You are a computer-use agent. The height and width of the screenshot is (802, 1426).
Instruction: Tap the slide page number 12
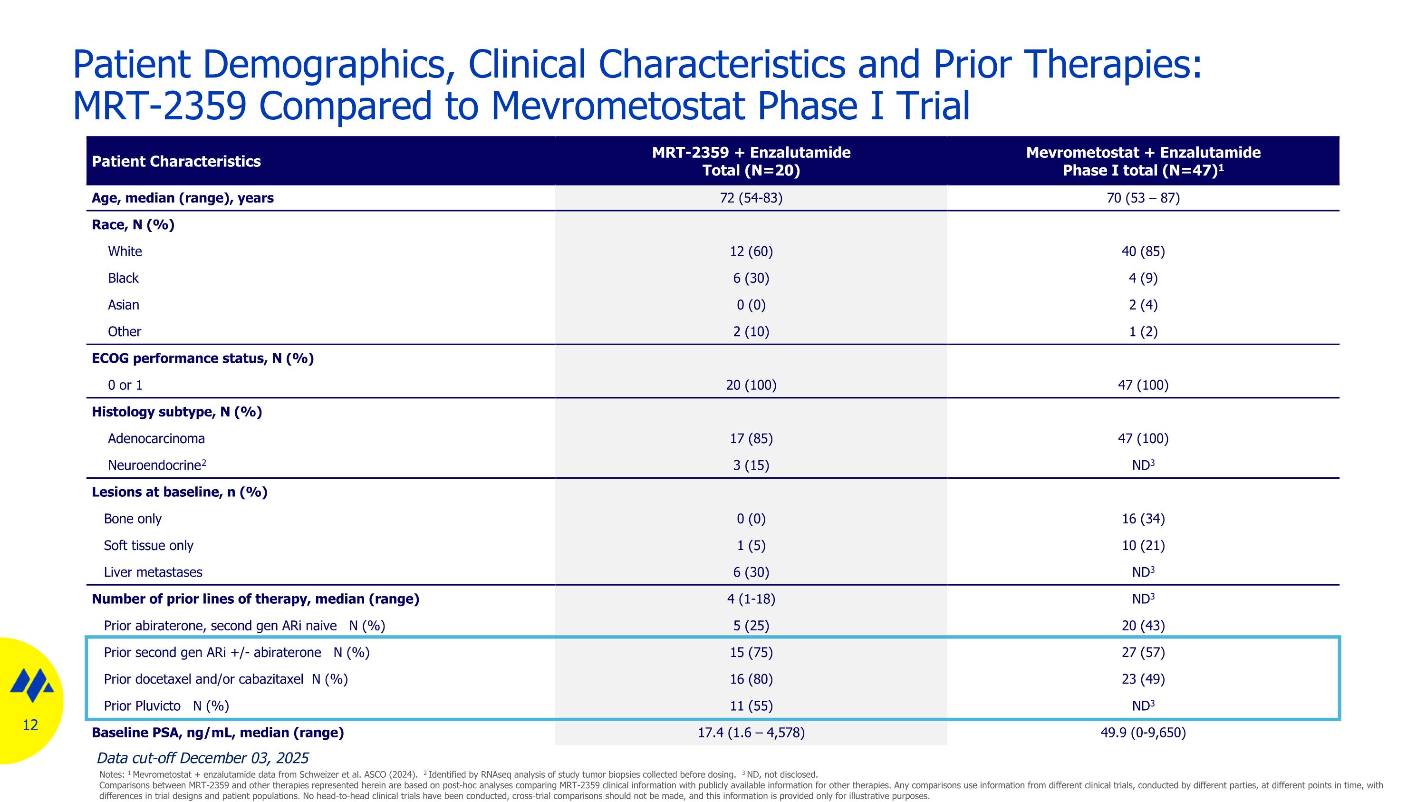click(x=30, y=725)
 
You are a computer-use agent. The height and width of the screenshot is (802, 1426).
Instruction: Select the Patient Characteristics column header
click(x=176, y=161)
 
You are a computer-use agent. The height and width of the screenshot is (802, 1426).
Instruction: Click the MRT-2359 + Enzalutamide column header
click(x=751, y=161)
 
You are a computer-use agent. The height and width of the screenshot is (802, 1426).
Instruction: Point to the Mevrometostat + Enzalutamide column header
click(x=1143, y=161)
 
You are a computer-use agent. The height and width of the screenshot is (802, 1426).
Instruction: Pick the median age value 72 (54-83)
click(x=751, y=198)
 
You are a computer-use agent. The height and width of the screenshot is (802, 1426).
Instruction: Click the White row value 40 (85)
click(x=1143, y=251)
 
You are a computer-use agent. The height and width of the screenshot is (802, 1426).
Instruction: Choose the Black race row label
click(x=123, y=278)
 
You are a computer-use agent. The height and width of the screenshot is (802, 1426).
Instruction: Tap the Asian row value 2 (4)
click(x=1143, y=305)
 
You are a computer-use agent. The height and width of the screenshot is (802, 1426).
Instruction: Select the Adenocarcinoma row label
click(x=156, y=438)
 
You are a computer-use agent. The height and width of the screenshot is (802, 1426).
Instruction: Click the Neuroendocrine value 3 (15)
click(x=751, y=465)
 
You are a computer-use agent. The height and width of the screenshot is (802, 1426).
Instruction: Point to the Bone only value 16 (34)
click(x=1143, y=519)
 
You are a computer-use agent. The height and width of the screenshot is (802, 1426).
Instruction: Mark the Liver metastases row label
click(x=153, y=572)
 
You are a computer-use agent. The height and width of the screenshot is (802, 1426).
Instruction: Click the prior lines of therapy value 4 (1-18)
click(x=751, y=599)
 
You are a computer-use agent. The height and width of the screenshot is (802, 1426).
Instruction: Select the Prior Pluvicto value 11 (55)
click(x=751, y=705)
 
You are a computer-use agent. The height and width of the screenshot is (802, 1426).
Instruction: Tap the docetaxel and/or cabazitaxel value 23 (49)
click(x=1143, y=679)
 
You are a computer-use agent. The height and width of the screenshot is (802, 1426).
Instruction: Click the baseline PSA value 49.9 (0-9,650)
click(x=1143, y=733)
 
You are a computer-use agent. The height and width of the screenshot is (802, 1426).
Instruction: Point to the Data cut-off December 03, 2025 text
click(x=202, y=758)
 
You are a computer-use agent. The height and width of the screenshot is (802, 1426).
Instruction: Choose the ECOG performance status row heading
click(x=202, y=358)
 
